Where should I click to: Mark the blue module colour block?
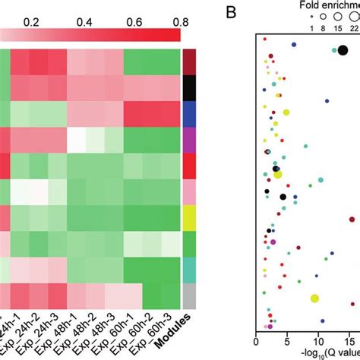[x=190, y=113]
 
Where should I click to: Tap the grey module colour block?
[x=190, y=295]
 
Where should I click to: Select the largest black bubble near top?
[x=343, y=50]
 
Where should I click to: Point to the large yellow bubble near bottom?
[x=314, y=298]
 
